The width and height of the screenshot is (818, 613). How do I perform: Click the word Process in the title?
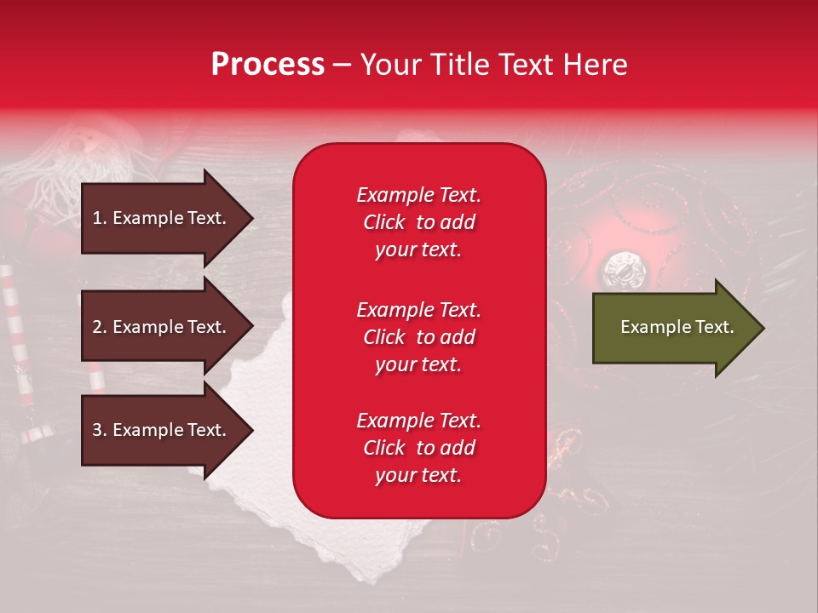[268, 65]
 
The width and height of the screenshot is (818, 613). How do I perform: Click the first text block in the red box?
[418, 222]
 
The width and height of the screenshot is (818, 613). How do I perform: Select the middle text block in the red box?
[418, 337]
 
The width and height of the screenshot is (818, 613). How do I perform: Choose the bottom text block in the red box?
[418, 448]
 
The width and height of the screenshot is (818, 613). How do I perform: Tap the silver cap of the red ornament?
[619, 271]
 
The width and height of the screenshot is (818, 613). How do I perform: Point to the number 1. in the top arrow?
[100, 218]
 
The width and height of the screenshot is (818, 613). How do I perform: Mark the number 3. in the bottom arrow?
[100, 430]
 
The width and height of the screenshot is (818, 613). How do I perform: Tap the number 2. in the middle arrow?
[100, 327]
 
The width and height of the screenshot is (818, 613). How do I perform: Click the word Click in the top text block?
[384, 222]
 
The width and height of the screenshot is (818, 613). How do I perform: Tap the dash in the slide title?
[342, 65]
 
